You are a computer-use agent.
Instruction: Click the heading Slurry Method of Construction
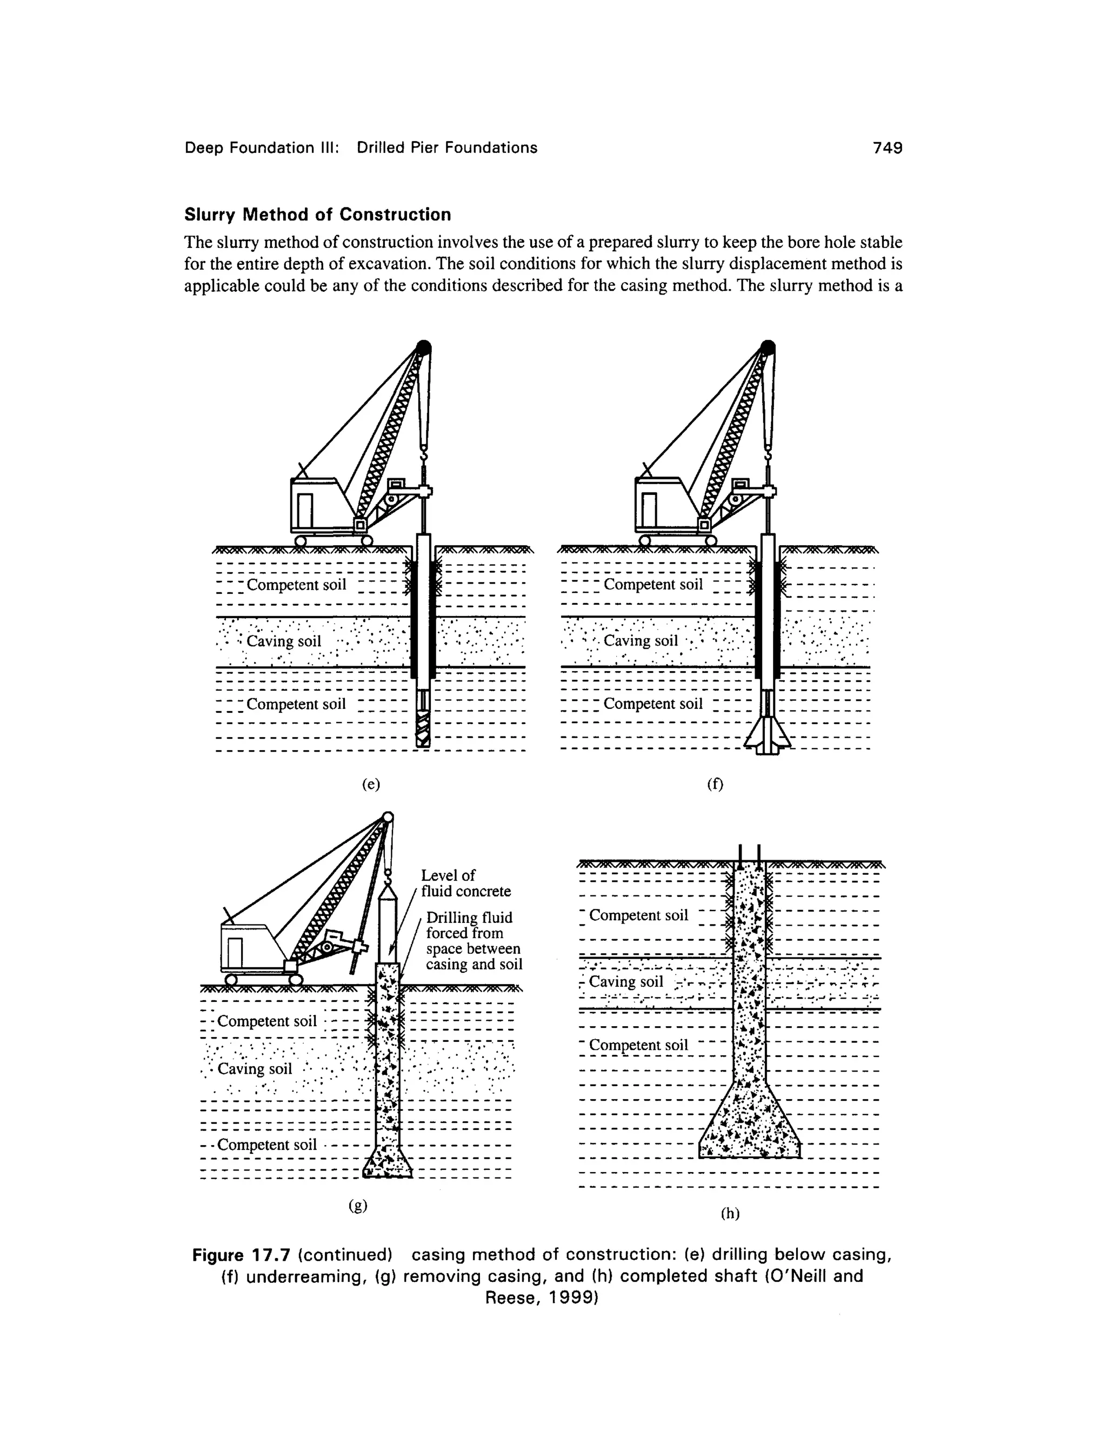pyautogui.click(x=317, y=215)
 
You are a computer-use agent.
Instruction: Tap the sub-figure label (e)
pyautogui.click(x=371, y=784)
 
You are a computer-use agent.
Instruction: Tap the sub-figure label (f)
pyautogui.click(x=714, y=784)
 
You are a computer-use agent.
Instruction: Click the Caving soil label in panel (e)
pyautogui.click(x=284, y=640)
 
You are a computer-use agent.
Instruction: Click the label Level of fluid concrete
pyautogui.click(x=465, y=883)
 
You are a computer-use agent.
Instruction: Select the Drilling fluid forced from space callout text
pyautogui.click(x=474, y=940)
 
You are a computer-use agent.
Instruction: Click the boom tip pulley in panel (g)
pyautogui.click(x=387, y=818)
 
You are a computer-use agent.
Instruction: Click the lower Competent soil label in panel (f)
pyautogui.click(x=652, y=704)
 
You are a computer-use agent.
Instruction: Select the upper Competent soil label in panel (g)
pyautogui.click(x=267, y=1021)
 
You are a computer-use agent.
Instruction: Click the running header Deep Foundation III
pyautogui.click(x=261, y=148)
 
